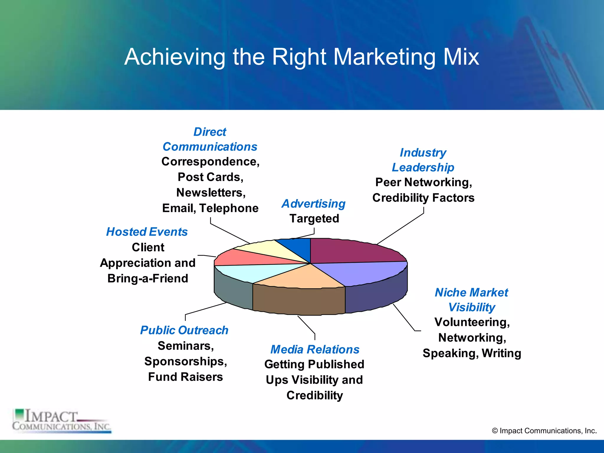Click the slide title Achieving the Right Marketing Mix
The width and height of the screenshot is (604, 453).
301,57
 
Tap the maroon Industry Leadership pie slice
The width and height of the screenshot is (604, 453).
351,251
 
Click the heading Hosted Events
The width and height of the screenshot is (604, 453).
147,232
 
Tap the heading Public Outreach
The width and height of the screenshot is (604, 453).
184,330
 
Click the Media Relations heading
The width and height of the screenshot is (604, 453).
315,349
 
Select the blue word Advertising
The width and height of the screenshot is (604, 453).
314,203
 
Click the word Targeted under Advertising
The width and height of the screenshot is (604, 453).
314,219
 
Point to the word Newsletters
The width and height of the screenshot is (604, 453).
211,193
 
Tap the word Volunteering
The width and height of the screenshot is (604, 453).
472,322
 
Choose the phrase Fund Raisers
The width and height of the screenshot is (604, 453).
185,377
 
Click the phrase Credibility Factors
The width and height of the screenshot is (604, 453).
423,198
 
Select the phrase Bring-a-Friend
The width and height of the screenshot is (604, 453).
148,278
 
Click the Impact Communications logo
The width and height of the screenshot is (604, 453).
62,421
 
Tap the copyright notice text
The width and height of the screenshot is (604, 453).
544,431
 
